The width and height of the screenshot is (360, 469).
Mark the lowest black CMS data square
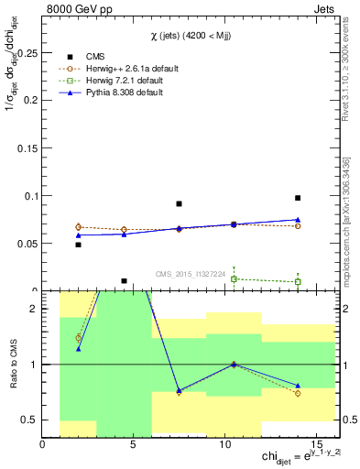124,281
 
